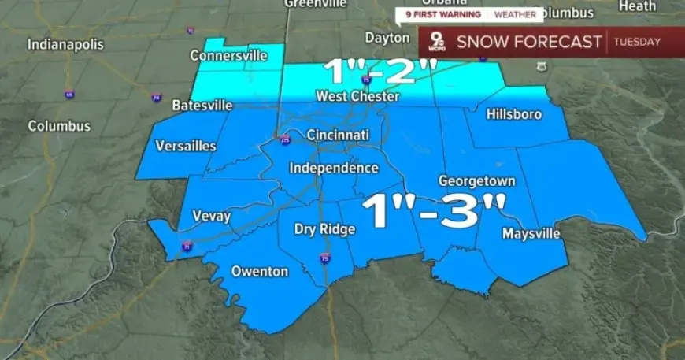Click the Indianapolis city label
coord(65,44)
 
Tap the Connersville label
coord(228,56)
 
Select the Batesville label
coord(202,105)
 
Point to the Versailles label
coord(186,146)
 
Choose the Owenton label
coord(259,272)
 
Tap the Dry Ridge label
coord(325,229)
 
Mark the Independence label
coord(334,168)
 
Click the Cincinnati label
coord(338,135)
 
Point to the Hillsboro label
coord(514,114)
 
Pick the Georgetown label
coord(476,181)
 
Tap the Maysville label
coord(531,234)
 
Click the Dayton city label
coord(387,38)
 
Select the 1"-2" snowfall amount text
coord(379,73)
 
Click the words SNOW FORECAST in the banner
coord(529,42)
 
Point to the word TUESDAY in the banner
coord(637,42)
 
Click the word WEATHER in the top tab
coord(515,14)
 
